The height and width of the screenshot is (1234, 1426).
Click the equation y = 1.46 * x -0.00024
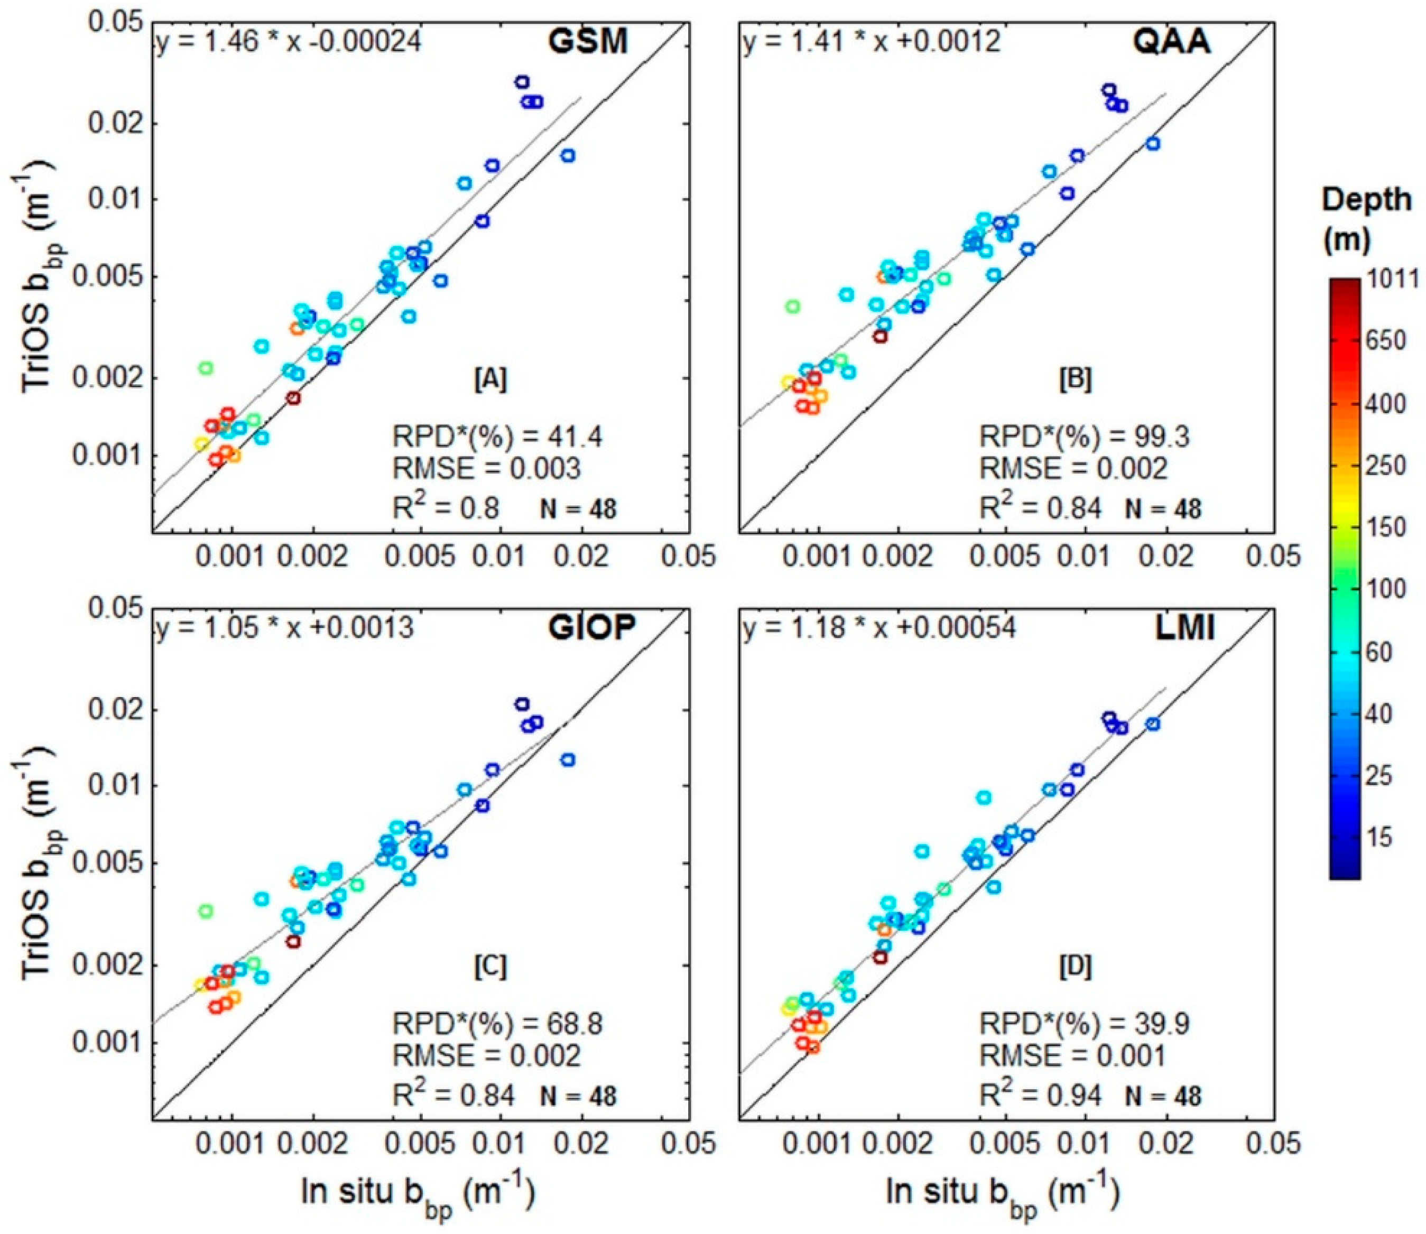289,43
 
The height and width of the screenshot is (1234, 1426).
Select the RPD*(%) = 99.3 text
1084,436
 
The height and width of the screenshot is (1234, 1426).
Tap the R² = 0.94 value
1040,1095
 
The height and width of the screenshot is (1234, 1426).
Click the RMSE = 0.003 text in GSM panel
486,468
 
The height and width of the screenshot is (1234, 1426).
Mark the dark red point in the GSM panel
294,398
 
